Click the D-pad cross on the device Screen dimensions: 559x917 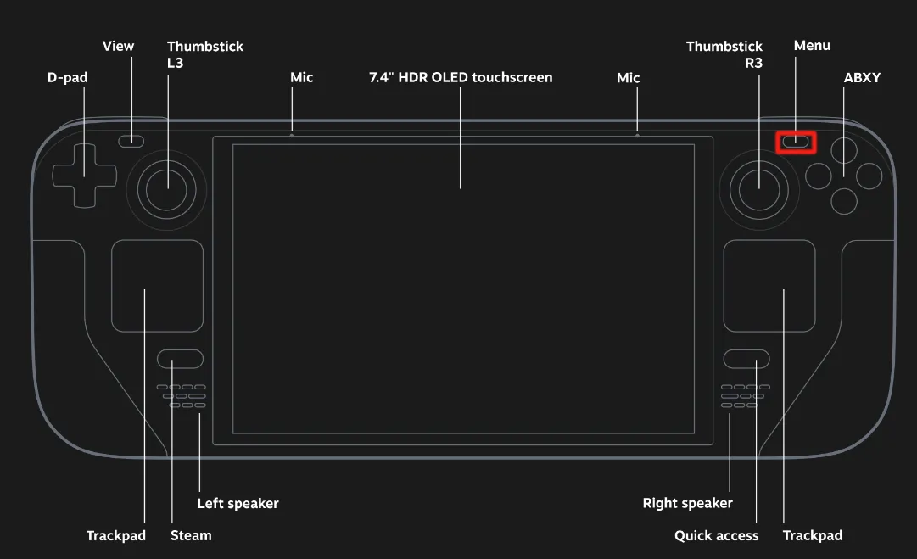[x=83, y=176]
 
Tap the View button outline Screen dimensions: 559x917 [x=131, y=141]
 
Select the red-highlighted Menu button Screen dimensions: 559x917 [x=796, y=142]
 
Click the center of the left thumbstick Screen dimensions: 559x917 [x=167, y=188]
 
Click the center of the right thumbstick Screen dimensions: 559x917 [x=758, y=188]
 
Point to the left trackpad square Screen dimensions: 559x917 [x=157, y=286]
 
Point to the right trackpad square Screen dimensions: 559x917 [x=769, y=286]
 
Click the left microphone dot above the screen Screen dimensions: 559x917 [x=292, y=135]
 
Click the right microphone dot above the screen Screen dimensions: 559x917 [x=637, y=135]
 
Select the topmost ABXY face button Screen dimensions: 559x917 [x=843, y=150]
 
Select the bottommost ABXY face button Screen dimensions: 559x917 [x=843, y=201]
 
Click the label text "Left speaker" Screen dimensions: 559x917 [x=238, y=503]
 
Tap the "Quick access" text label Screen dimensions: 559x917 [x=716, y=535]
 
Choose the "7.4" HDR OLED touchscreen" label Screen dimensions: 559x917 [x=461, y=77]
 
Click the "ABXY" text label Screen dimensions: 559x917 [x=862, y=77]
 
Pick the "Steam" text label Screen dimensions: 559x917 [x=191, y=535]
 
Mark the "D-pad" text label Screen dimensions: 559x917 [x=68, y=77]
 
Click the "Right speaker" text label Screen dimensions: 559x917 [x=687, y=503]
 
